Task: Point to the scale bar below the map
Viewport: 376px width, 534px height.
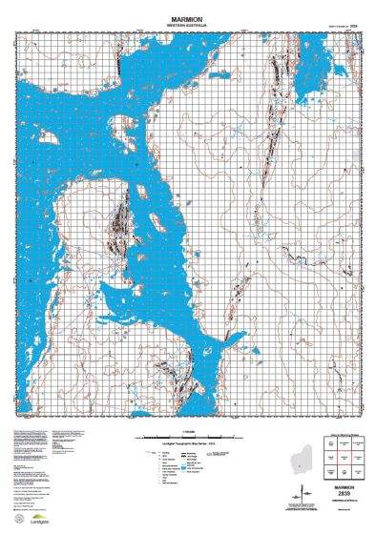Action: pyautogui.click(x=188, y=438)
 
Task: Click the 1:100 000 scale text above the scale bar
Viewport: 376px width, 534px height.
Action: pyautogui.click(x=188, y=432)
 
